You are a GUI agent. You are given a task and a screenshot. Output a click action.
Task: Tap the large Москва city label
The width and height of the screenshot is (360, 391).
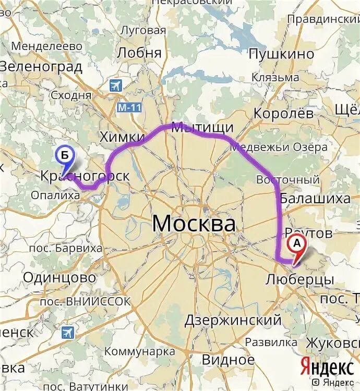pos(194,224)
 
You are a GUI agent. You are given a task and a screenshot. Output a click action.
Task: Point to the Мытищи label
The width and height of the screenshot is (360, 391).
pos(202,128)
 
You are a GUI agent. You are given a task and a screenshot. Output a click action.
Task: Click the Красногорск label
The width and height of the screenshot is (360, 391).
pos(85,176)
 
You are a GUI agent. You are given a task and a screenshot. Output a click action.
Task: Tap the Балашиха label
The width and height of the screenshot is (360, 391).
pos(315,199)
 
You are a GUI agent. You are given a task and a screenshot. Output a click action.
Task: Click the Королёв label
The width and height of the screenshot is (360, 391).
pos(284,113)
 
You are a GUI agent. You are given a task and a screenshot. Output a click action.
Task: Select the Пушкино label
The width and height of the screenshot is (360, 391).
pos(281,54)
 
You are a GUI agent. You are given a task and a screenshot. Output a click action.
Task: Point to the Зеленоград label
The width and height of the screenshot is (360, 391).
pos(41,67)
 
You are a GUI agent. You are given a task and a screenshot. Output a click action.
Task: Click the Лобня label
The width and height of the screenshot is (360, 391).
pos(139,53)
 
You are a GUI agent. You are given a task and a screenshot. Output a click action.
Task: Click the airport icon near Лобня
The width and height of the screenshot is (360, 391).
pos(115,85)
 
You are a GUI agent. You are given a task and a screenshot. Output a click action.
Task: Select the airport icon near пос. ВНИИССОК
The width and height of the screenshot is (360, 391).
pos(67,332)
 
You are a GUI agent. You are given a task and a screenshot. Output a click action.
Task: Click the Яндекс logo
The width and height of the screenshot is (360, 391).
pos(326,367)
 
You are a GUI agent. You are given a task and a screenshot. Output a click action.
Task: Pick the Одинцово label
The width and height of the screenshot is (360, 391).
pos(59,277)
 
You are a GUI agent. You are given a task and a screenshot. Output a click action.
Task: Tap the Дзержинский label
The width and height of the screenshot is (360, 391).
pos(233,320)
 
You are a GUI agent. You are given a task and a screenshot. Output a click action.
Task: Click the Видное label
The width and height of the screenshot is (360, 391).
pos(227,359)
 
